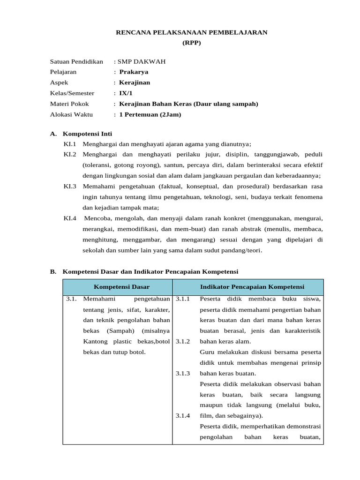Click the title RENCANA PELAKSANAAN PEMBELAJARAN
[192, 32]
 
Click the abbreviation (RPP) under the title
[191, 43]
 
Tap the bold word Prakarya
[134, 72]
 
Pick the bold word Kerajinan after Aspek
[135, 82]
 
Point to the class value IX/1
[126, 93]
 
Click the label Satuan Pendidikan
[76, 61]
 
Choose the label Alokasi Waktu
[71, 114]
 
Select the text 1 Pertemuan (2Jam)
[150, 114]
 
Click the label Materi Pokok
[69, 104]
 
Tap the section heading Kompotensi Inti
[87, 134]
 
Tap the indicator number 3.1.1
[183, 299]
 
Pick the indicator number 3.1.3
[183, 374]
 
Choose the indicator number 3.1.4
[183, 416]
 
